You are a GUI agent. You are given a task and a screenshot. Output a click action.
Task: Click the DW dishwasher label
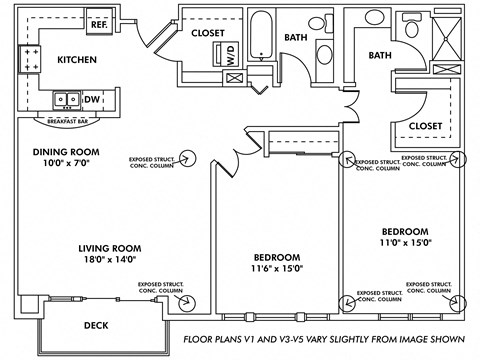point(92,99)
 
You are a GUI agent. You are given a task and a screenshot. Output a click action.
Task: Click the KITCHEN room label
point(77,60)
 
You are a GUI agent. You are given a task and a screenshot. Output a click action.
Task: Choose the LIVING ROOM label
point(110,248)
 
